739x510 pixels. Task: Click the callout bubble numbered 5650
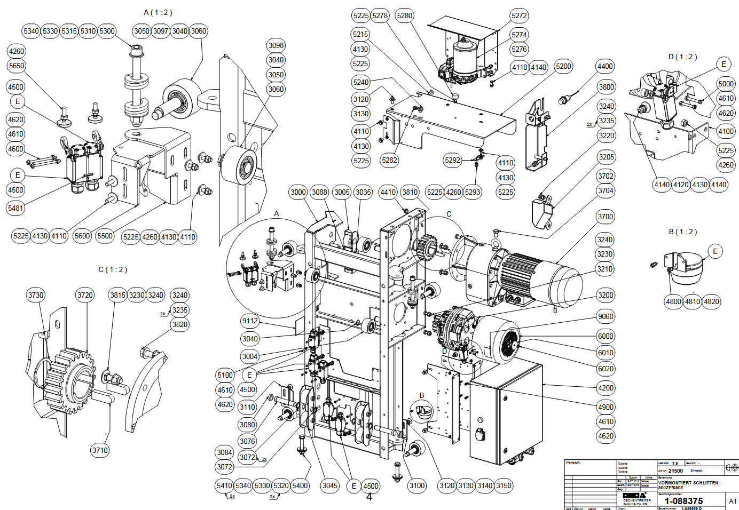17,66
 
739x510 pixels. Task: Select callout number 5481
15,208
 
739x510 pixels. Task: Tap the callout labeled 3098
276,45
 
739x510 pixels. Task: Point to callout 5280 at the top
405,15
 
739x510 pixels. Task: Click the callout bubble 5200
563,66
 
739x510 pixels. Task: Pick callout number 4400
605,66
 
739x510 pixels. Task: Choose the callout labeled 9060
606,316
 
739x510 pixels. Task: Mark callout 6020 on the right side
606,369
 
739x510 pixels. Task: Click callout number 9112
250,321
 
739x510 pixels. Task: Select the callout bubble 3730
36,295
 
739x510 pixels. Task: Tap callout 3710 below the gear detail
100,450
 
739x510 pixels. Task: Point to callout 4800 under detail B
673,301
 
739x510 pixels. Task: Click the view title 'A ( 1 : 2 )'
158,12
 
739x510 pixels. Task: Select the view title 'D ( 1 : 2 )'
682,57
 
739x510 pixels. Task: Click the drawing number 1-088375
683,501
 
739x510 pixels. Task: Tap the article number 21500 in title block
675,471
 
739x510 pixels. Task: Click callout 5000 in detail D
726,84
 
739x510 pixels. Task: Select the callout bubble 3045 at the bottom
330,485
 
